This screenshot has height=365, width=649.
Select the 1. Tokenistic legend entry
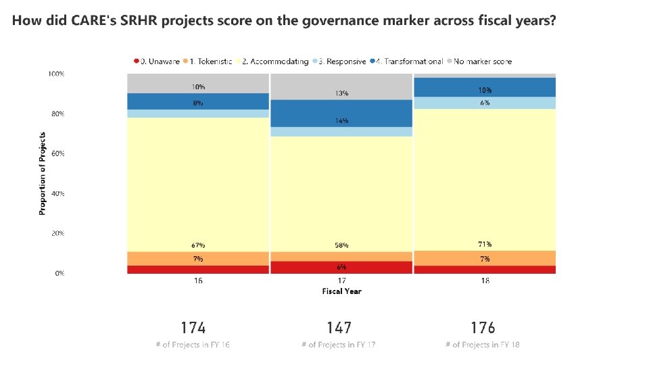click(209, 62)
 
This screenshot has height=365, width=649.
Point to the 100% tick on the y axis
click(56, 73)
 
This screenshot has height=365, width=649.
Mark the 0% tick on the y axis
click(59, 273)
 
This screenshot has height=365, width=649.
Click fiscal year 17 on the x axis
click(341, 281)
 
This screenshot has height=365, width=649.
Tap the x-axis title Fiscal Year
click(341, 291)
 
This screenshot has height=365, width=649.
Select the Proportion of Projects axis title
click(43, 174)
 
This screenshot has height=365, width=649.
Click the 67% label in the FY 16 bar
click(197, 245)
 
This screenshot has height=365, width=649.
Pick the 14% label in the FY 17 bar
click(341, 120)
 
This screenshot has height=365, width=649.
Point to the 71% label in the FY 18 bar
click(485, 244)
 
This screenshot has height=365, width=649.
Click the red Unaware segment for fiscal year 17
click(341, 268)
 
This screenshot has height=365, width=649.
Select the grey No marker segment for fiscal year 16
click(197, 83)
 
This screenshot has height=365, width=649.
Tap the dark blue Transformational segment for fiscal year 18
click(485, 87)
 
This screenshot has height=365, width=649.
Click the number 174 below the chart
click(193, 328)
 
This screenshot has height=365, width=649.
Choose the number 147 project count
click(339, 328)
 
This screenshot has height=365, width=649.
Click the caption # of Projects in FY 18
click(483, 345)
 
